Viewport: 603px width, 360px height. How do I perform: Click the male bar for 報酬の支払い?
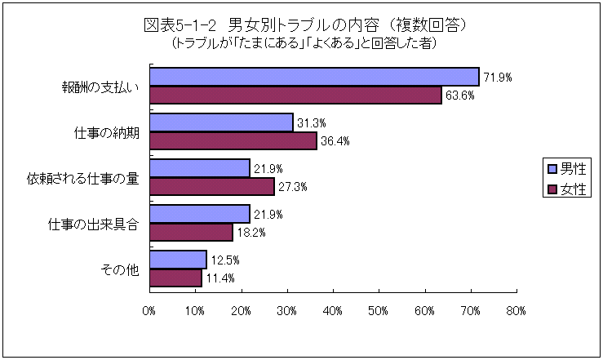[x=314, y=76]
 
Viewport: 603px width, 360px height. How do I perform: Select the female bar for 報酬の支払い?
[x=295, y=95]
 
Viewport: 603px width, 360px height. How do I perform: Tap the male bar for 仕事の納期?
[x=221, y=122]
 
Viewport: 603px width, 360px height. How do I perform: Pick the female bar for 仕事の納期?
[x=233, y=140]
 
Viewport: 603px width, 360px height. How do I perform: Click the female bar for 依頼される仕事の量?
[x=212, y=186]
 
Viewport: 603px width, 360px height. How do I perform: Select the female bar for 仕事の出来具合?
[x=191, y=232]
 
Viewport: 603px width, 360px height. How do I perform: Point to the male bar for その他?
[x=178, y=260]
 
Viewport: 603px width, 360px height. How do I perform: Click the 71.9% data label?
[x=496, y=77]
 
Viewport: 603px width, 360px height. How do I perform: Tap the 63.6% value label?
[x=459, y=96]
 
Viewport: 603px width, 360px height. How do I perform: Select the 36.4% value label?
[x=335, y=141]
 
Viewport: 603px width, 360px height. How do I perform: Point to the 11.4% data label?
[x=219, y=278]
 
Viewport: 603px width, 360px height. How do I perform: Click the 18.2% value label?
[x=251, y=233]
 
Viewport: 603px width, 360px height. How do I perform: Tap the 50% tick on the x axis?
[x=379, y=310]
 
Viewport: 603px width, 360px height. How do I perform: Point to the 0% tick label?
[x=149, y=310]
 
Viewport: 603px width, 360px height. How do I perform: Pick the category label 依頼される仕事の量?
[x=82, y=177]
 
